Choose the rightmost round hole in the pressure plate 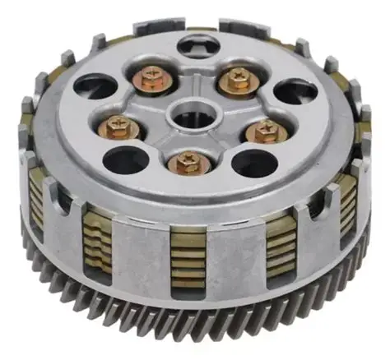pos(295,91)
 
